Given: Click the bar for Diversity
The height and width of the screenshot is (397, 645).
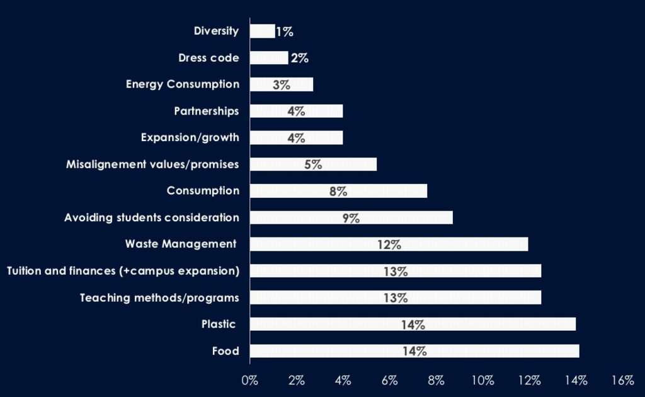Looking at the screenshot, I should coord(262,31).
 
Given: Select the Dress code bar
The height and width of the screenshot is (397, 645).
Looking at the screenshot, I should coord(269,58).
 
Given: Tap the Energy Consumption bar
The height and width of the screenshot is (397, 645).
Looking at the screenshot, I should coord(282,84).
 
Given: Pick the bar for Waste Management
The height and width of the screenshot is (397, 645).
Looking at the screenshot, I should coord(389,245).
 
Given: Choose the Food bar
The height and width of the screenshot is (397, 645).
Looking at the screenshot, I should coord(414,351).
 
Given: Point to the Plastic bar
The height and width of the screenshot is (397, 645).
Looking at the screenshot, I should coord(413,325).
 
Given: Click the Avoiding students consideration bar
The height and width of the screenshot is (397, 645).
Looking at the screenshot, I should coord(351,218).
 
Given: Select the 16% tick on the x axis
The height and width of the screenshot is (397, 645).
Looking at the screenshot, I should coord(622,380).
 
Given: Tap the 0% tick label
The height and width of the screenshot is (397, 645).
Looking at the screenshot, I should coord(250,380).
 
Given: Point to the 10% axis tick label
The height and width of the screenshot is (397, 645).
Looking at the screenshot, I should coord(482,380).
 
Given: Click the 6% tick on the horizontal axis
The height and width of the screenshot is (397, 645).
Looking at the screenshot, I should coord(389,380).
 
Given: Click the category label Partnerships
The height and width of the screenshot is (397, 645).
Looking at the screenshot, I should coord(207,112).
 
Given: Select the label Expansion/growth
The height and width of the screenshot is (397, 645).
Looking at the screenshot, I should coord(190,138).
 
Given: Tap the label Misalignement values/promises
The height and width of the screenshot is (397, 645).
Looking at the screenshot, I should coord(152,164).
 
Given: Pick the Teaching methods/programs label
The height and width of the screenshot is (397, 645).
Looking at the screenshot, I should coord(159,297).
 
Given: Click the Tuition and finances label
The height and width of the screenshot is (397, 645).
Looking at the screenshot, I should coord(123,271).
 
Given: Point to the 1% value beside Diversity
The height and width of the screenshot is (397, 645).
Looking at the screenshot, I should coord(285,32).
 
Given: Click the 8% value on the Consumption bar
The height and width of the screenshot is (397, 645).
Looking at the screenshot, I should coord(338,192).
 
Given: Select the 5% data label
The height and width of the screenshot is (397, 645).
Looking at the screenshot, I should coord(313,165).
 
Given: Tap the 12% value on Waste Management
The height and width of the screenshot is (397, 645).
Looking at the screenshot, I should coord(389,245).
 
